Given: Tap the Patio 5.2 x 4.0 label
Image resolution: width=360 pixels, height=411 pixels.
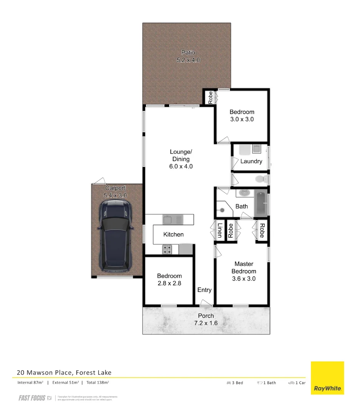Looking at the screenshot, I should pos(188,56).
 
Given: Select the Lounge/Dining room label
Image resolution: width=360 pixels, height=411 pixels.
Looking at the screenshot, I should pos(181,159).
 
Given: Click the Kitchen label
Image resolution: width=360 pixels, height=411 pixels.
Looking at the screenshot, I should pos(173,234).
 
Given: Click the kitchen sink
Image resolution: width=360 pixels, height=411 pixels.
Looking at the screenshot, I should pos(173,219).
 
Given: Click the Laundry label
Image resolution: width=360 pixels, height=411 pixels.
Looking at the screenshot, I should pos(251,161).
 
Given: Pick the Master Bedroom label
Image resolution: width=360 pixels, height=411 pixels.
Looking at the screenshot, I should pos(244,271).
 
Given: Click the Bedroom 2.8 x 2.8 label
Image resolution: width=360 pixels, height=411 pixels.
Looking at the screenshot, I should pos(170,279).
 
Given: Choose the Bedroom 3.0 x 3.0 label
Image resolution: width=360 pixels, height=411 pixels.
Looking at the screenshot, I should pos(242,115).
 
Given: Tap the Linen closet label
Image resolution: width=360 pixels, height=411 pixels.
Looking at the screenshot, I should pos(220,230).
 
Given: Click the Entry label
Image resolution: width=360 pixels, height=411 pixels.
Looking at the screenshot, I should pos(204,290).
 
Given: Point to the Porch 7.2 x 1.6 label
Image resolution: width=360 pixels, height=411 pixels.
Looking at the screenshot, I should pos(206,319).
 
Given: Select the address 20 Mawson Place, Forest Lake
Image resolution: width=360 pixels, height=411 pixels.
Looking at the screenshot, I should pos(64,373).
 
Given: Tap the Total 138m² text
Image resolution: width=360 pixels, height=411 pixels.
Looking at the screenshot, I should pos(98,382).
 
